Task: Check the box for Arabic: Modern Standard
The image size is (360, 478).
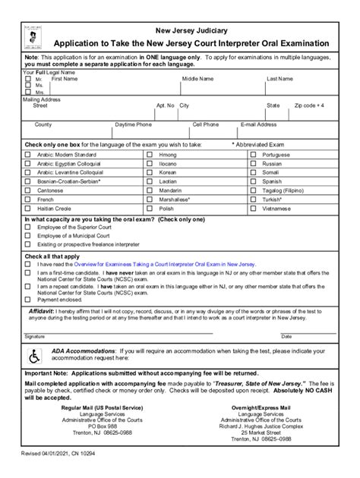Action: pyautogui.click(x=28, y=155)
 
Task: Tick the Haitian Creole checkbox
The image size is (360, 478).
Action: pyautogui.click(x=28, y=209)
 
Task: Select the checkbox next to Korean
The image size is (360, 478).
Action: pyautogui.click(x=149, y=173)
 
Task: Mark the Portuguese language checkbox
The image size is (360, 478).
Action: pyautogui.click(x=253, y=155)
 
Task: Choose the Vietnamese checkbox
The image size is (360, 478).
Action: pyautogui.click(x=253, y=209)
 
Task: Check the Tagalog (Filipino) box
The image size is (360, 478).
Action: pyautogui.click(x=253, y=190)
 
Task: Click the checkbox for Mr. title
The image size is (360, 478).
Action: pyautogui.click(x=28, y=79)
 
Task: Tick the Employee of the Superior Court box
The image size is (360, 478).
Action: pyautogui.click(x=28, y=227)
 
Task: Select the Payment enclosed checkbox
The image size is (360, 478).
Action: pyautogui.click(x=28, y=299)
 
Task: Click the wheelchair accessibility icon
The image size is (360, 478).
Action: pyautogui.click(x=34, y=354)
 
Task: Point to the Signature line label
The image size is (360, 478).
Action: pyautogui.click(x=34, y=335)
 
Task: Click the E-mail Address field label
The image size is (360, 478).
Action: pyautogui.click(x=258, y=124)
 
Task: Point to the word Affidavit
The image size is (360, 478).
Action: pyautogui.click(x=41, y=311)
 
